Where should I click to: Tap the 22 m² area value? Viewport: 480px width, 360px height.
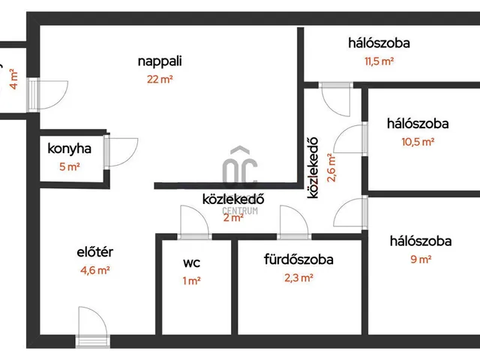[x=160, y=79]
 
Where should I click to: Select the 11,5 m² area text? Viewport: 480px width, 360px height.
[x=379, y=61]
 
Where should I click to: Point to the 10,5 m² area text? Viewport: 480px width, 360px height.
[x=418, y=141]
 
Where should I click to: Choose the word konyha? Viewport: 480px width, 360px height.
[x=69, y=148]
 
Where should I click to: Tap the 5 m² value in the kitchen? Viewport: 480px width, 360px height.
[x=69, y=166]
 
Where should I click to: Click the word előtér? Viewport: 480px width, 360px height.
[x=95, y=252]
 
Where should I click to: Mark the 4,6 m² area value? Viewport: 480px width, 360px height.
[x=95, y=270]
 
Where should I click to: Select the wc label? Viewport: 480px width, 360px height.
[x=193, y=263]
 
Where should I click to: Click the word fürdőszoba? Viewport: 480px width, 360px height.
[x=298, y=260]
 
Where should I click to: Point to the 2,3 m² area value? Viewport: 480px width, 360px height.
[x=298, y=277]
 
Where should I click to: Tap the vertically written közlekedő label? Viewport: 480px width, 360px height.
[x=314, y=166]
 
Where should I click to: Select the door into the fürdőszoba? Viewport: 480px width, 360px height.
[x=292, y=222]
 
